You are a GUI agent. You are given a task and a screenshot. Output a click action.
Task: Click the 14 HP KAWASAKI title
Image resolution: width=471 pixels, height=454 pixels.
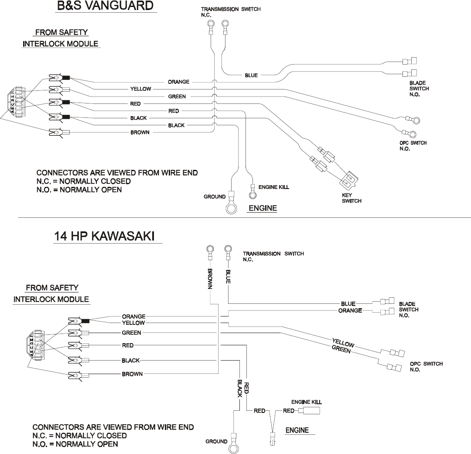pos(104,236)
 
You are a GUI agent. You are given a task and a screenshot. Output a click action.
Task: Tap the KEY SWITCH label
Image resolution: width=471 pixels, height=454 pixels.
pos(352,198)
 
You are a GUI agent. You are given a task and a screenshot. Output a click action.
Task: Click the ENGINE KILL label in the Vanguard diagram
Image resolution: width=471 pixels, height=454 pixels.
pos(274,187)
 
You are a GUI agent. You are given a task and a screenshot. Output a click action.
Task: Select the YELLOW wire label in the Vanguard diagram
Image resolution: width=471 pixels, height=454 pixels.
pos(140,89)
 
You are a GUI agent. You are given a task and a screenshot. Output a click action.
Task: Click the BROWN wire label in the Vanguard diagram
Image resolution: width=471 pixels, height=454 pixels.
pos(140,133)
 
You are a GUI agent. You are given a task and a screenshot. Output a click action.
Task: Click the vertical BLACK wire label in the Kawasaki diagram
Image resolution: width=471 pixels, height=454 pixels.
pos(239,388)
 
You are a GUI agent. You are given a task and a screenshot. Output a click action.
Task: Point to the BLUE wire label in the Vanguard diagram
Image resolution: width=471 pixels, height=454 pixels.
pos(251,75)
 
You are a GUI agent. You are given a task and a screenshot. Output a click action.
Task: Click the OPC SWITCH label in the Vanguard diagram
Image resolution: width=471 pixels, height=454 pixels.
pos(413,146)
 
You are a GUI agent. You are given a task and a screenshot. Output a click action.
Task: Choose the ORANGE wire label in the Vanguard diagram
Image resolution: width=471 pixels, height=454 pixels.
pos(178,82)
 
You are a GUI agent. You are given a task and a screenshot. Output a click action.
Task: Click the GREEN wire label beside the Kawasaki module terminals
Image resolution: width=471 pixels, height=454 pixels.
pos(131,333)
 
